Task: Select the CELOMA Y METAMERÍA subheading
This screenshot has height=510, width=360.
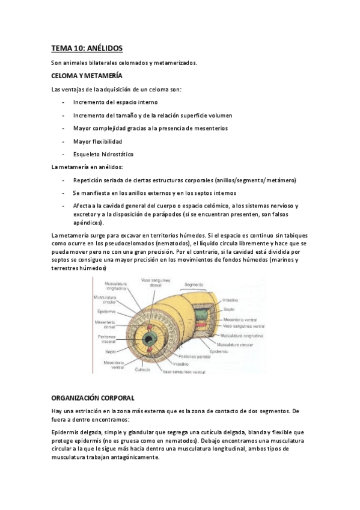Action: pos(87,76)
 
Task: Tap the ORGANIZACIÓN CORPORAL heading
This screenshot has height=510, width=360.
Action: pos(93,398)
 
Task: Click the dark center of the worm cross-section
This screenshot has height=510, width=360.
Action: pos(148,325)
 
